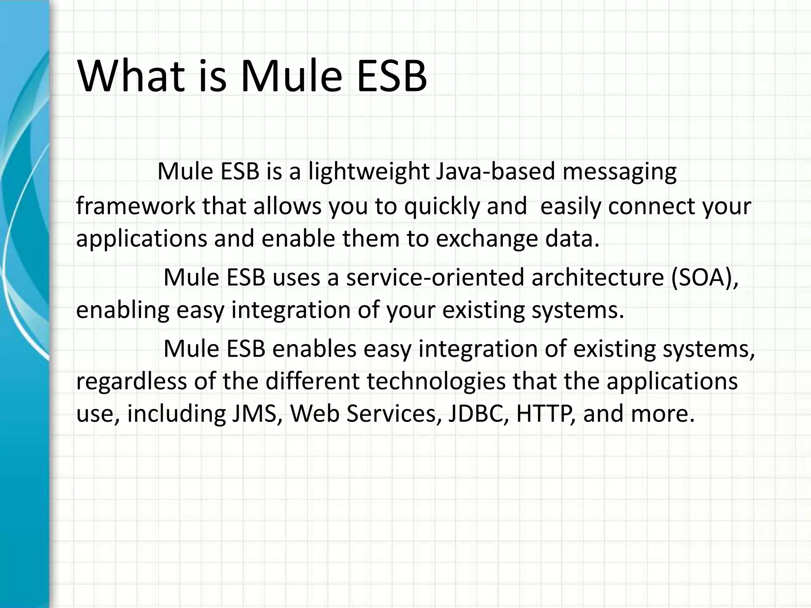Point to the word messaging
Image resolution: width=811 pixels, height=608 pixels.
tap(619, 172)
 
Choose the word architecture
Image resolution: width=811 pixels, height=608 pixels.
tap(598, 277)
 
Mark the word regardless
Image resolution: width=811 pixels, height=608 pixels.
tap(131, 382)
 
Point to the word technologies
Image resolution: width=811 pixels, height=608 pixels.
tap(436, 382)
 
